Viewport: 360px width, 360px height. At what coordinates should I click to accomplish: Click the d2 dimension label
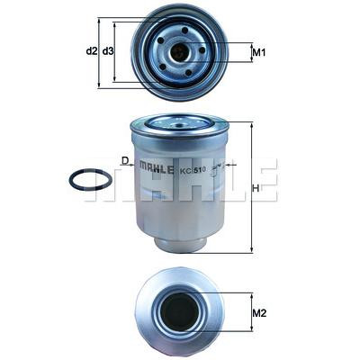(x=92, y=51)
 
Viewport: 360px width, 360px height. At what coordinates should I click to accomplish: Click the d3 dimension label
(x=108, y=51)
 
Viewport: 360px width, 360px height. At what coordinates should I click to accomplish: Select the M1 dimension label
(x=258, y=53)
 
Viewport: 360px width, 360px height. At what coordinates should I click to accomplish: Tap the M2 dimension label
(x=259, y=313)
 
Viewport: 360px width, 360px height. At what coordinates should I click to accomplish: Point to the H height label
(x=256, y=188)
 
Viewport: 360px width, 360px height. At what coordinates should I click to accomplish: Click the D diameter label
(x=125, y=161)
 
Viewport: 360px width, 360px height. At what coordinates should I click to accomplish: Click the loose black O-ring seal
(x=91, y=179)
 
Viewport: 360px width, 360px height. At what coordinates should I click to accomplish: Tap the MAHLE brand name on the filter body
(x=157, y=169)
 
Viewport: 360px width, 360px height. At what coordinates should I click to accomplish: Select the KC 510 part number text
(x=193, y=170)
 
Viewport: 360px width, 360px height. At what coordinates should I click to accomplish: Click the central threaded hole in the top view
(x=179, y=51)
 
